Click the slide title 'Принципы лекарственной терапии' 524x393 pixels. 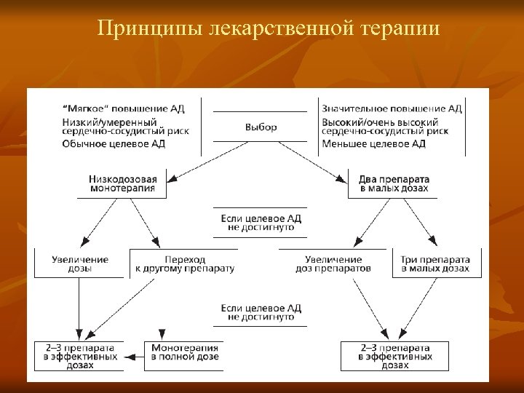269,29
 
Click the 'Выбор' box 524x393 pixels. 261,127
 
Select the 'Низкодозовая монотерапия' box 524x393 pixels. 122,183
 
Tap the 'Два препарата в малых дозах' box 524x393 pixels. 394,183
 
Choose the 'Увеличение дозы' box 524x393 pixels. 80,263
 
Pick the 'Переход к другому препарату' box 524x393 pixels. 185,263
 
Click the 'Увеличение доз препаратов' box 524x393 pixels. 333,263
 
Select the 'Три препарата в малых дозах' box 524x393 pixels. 435,263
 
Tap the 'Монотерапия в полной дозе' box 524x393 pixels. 185,356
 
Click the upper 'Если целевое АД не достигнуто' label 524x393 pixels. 261,223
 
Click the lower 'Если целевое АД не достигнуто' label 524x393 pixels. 261,312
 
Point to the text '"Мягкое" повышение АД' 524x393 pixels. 124,109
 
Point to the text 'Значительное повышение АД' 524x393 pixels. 392,109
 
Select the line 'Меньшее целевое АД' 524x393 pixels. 373,144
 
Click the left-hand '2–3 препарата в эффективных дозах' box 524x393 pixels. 80,356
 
